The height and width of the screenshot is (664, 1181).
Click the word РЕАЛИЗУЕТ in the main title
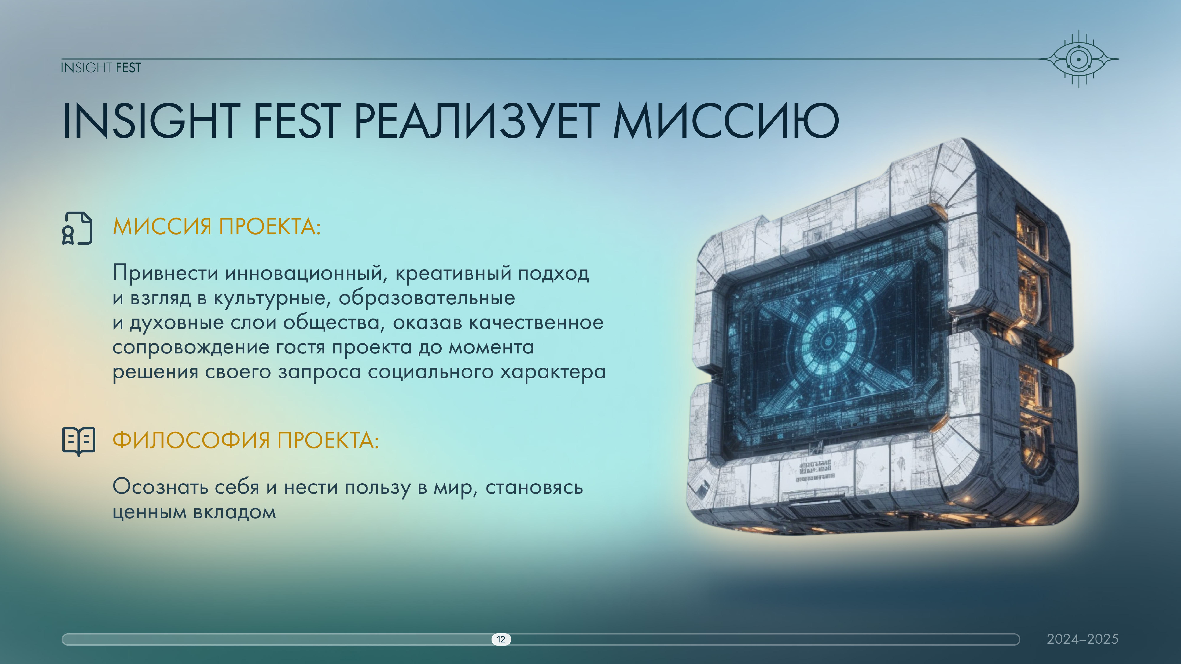477,121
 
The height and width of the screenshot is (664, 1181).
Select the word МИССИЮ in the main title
726,121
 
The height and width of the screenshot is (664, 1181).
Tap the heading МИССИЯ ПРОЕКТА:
216,226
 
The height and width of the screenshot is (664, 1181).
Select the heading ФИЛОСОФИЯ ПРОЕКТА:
246,440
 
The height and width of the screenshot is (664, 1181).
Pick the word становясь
534,487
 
